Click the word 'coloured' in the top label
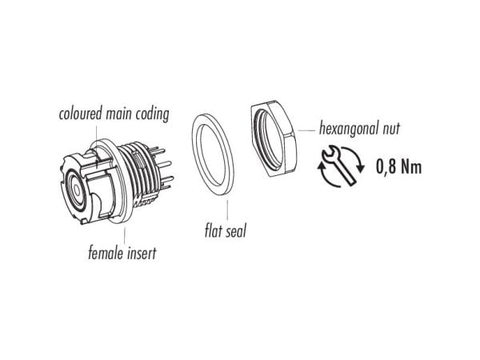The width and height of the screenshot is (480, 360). point(80,114)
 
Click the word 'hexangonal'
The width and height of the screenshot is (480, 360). point(348,129)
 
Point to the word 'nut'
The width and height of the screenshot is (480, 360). point(391,129)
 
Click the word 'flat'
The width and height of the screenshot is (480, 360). point(211,230)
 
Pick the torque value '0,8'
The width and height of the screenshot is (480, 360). point(383,167)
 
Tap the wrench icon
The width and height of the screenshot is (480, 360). point(339,166)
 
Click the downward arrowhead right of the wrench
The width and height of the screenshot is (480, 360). point(361,168)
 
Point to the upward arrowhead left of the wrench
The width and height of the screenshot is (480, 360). point(321,166)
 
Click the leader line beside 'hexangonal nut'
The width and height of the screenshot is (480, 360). point(306,130)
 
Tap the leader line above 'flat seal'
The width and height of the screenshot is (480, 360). point(227,210)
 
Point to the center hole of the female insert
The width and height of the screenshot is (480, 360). point(76,190)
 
